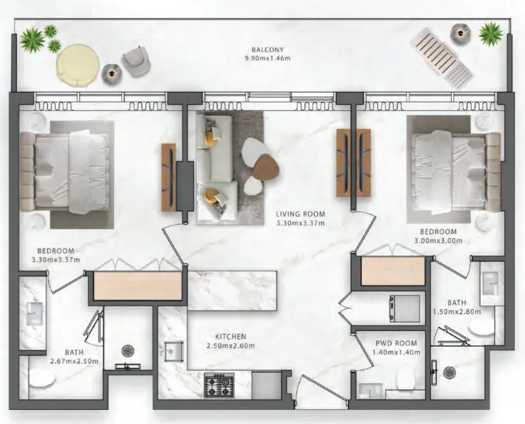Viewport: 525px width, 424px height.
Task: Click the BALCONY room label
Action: click(268, 50)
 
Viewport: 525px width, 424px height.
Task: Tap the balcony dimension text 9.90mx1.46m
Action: click(268, 58)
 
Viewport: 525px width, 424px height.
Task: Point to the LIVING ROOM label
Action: click(300, 214)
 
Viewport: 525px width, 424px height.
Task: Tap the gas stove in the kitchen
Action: click(219, 386)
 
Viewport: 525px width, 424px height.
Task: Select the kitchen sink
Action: click(174, 351)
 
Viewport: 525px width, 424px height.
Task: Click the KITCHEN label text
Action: click(231, 337)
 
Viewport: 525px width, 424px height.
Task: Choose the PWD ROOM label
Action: click(396, 344)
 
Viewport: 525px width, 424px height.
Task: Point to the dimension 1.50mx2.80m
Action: click(457, 312)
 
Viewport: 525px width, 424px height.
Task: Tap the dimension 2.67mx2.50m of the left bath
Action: click(74, 361)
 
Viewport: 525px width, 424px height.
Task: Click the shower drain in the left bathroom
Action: click(127, 350)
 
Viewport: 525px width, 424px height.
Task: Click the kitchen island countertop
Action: click(233, 290)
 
